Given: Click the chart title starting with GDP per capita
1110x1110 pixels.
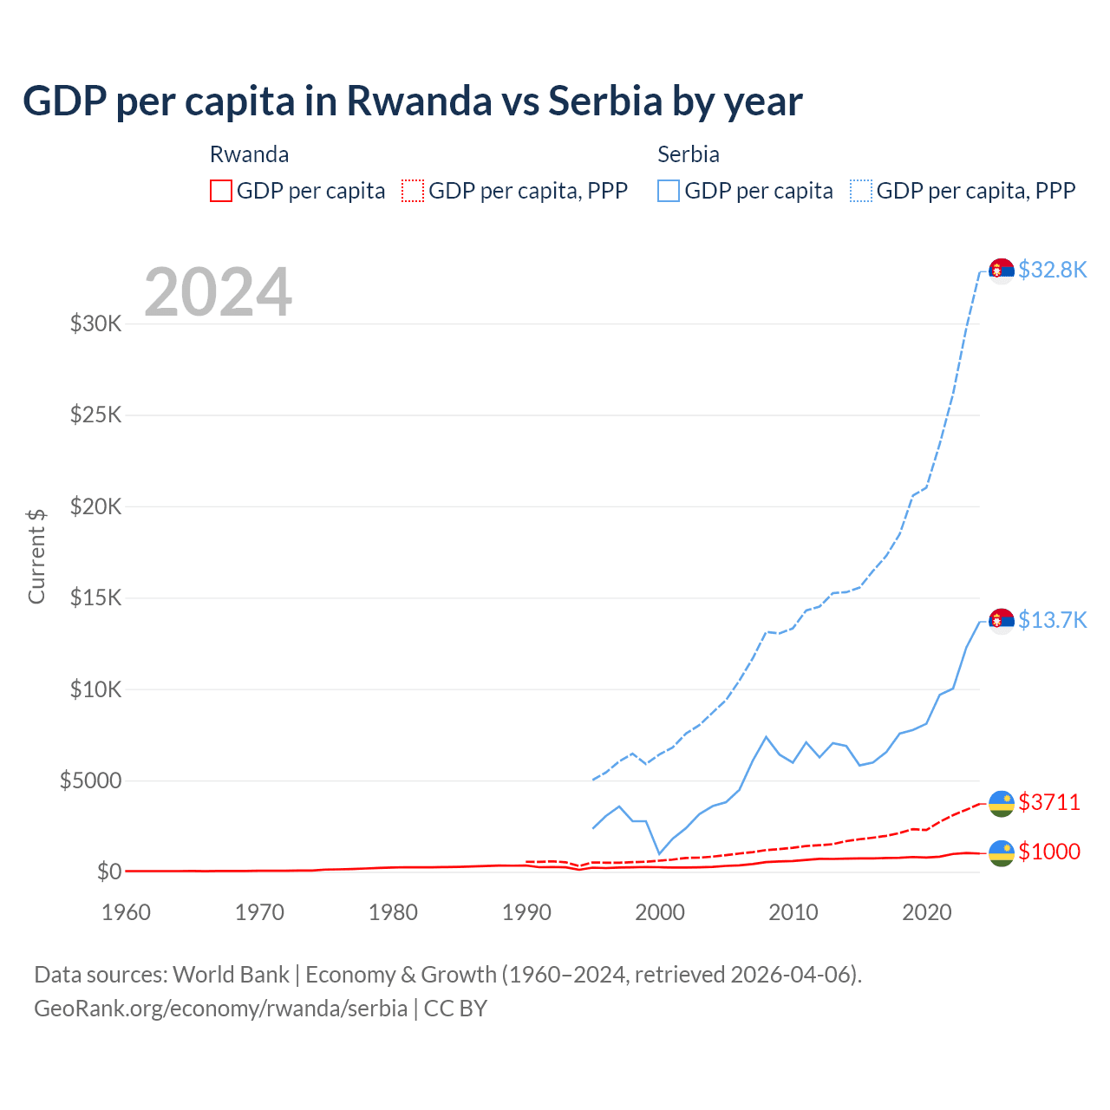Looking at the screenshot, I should click(x=413, y=101).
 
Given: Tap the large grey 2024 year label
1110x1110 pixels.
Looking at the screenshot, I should click(x=218, y=292).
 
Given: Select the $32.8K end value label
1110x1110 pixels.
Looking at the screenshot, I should click(x=1052, y=270).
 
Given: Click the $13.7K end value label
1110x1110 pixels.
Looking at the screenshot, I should click(x=1052, y=620).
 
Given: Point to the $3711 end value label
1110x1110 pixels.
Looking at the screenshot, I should click(x=1049, y=802).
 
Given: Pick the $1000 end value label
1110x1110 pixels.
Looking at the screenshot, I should click(x=1049, y=852).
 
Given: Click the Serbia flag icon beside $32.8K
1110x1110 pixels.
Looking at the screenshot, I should click(x=1002, y=271).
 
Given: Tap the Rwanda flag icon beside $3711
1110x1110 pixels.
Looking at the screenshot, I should click(x=1002, y=803).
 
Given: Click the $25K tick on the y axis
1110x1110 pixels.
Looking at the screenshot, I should click(x=95, y=415).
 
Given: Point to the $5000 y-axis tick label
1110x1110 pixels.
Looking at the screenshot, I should click(x=90, y=780).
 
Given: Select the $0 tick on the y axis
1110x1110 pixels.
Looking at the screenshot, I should click(x=108, y=872).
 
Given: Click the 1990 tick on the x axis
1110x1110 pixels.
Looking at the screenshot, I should click(x=526, y=912).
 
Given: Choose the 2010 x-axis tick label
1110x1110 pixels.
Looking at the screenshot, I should click(x=793, y=912).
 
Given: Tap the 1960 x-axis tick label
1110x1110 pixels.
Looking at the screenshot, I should click(x=127, y=912).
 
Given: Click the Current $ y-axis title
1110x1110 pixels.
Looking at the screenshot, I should click(x=36, y=556).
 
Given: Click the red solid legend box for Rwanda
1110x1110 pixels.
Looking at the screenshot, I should click(x=221, y=191).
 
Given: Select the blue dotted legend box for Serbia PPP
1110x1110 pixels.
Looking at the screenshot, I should click(x=861, y=191).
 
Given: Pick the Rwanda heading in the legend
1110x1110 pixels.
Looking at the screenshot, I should click(x=250, y=154).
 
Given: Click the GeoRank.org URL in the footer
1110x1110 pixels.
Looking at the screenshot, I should click(x=221, y=1009).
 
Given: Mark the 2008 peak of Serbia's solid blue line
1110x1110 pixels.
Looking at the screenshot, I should click(x=766, y=737).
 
